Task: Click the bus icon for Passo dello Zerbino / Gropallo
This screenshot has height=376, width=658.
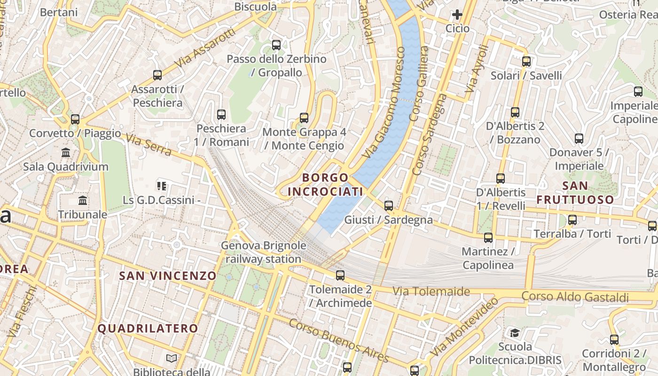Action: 276,45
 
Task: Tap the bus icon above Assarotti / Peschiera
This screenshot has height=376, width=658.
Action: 157,75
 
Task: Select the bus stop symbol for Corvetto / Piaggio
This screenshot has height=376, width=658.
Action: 75,119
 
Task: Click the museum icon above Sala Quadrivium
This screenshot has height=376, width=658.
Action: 66,153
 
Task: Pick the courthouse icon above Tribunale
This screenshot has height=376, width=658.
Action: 83,201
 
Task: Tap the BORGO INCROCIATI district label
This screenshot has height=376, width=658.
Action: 325,185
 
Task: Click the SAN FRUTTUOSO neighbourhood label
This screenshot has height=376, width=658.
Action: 575,192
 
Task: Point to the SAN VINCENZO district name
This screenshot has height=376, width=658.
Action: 168,276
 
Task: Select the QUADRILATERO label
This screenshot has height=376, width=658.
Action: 148,329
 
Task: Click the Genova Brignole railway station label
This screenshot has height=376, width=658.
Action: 263,252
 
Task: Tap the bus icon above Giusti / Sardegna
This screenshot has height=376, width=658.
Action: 389,205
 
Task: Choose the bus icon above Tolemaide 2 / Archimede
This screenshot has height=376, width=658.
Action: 340,275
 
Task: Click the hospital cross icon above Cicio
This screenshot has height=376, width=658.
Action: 457,15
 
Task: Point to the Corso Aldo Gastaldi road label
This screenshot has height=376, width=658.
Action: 575,297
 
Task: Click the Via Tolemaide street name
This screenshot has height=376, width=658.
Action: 431,291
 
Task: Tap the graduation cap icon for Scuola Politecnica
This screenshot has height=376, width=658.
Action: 515,333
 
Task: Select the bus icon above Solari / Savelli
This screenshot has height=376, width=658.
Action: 526,62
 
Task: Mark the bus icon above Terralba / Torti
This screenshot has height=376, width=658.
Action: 572,219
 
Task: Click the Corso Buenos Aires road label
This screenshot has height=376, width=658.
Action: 338,340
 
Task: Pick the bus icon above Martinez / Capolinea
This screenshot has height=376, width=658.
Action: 488,238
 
